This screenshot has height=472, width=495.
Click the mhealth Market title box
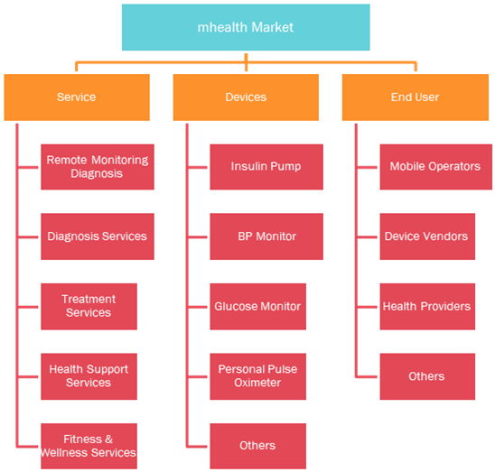(246, 27)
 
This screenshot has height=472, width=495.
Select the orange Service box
(77, 97)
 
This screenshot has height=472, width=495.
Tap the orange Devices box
(246, 97)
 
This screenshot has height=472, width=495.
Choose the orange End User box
(416, 97)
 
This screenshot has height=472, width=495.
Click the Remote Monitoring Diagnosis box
(98, 167)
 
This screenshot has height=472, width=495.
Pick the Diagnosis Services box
(98, 236)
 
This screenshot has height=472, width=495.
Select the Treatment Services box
(89, 306)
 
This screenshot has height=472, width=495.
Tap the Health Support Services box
(89, 376)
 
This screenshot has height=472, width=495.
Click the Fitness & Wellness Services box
(89, 446)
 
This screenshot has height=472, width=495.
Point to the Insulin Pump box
(266, 167)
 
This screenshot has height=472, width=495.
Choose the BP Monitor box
(266, 236)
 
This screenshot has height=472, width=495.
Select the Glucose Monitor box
(258, 306)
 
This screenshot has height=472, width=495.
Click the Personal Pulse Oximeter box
(258, 376)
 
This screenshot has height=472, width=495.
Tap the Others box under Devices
(258, 446)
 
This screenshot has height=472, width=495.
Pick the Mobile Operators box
(436, 167)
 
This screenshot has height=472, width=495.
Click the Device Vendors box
(427, 236)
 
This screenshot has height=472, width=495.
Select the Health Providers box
(427, 306)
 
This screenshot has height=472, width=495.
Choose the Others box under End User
(427, 376)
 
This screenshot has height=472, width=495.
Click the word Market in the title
(273, 27)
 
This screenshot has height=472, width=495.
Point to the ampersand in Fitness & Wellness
(108, 440)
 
